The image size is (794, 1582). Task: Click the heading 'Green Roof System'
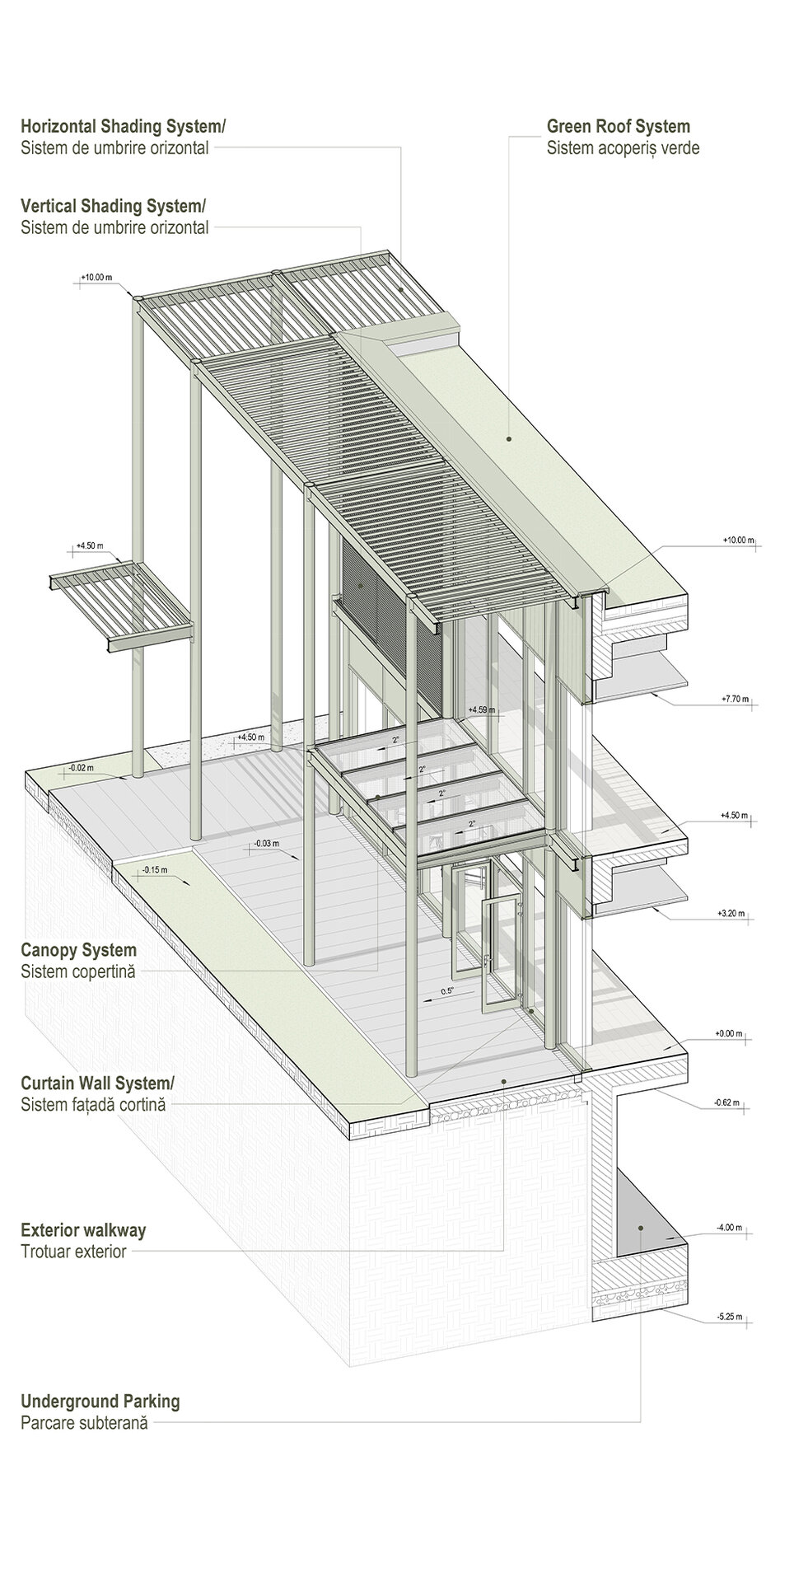pyautogui.click(x=618, y=127)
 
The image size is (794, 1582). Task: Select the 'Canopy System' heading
pyautogui.click(x=78, y=951)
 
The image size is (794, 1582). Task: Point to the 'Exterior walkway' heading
pyautogui.click(x=83, y=1230)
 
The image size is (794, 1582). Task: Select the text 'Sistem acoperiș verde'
pyautogui.click(x=623, y=148)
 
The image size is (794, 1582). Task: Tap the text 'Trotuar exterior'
pyautogui.click(x=73, y=1252)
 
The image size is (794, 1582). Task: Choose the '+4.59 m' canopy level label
pyautogui.click(x=480, y=710)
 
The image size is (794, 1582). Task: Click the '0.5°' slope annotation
pyautogui.click(x=447, y=991)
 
